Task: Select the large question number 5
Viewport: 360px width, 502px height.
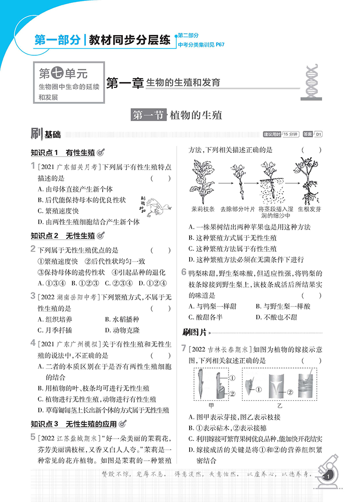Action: click(x=33, y=437)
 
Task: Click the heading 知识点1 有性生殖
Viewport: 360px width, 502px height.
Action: click(x=62, y=153)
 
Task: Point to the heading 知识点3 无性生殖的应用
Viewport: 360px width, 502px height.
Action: click(x=73, y=424)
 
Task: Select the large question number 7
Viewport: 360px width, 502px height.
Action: click(x=184, y=347)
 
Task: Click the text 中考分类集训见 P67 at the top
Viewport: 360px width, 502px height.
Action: click(x=201, y=45)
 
